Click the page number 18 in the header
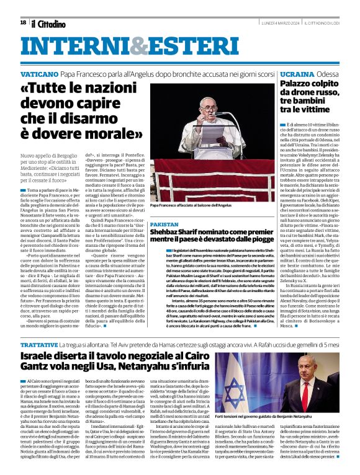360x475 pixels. point(23,22)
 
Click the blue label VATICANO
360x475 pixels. point(40,73)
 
